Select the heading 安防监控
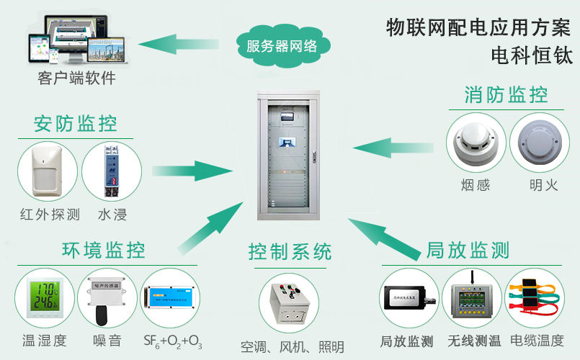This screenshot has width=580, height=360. pyautogui.click(x=75, y=124)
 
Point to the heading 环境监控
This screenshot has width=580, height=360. pyautogui.click(x=104, y=250)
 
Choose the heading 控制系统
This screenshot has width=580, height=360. pyautogui.click(x=290, y=251)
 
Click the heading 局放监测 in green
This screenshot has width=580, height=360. pyautogui.click(x=468, y=250)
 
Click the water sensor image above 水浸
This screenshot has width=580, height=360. pyautogui.click(x=110, y=171)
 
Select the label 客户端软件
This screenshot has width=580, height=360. pyautogui.click(x=76, y=78)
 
